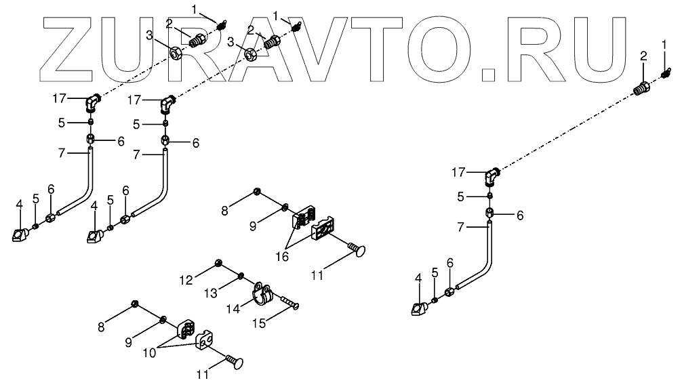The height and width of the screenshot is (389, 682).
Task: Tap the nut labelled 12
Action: [218, 262]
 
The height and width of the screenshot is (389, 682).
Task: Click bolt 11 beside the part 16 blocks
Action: [357, 250]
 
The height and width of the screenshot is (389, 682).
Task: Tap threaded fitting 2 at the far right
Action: [640, 88]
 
